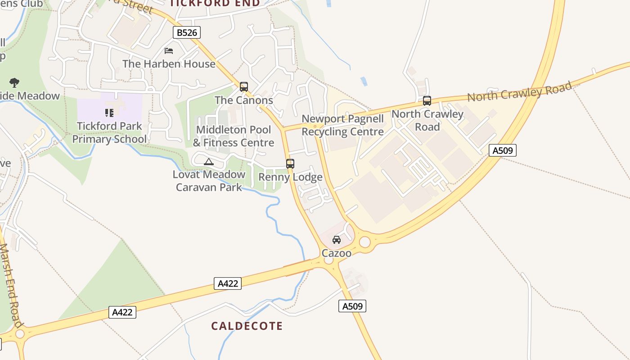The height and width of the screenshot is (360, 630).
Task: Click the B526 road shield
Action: click(187, 32)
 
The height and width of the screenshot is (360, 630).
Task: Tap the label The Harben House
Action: click(169, 64)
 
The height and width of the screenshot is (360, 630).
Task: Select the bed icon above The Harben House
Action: click(169, 50)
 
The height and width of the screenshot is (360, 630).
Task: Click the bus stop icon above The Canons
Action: click(243, 86)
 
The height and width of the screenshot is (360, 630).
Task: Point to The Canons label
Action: click(243, 100)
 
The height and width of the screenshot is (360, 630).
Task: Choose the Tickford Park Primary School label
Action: click(109, 132)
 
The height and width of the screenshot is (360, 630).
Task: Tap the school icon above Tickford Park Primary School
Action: click(109, 112)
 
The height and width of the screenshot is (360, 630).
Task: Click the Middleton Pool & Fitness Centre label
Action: click(234, 136)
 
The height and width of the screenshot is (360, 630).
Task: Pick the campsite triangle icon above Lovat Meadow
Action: click(208, 162)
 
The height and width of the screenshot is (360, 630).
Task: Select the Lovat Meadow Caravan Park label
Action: click(209, 180)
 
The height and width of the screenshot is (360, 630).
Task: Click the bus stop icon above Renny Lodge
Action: click(290, 164)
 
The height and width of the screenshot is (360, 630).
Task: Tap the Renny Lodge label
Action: click(290, 177)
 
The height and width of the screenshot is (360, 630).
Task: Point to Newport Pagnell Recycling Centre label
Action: click(342, 125)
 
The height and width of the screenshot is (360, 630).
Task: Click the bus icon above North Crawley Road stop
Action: click(427, 101)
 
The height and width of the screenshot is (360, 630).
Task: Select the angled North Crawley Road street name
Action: click(519, 92)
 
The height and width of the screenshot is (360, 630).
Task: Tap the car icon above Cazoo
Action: click(336, 240)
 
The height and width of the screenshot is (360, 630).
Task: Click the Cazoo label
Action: click(336, 253)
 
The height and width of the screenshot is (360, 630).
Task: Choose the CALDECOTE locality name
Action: click(247, 326)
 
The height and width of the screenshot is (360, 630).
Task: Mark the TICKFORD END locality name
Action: click(215, 3)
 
